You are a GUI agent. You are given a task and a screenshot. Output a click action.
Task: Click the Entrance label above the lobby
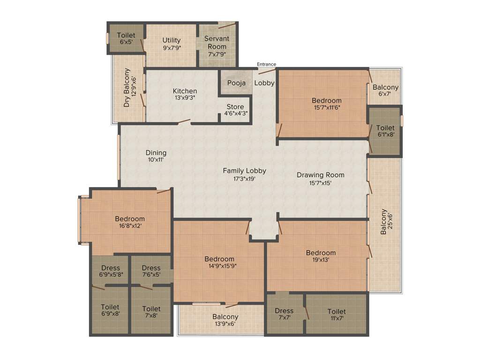[266, 64]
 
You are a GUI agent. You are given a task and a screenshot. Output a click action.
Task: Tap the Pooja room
[236, 83]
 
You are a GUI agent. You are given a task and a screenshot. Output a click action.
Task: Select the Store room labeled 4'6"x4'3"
[235, 110]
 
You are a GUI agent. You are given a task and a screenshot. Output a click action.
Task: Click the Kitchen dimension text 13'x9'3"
[185, 98]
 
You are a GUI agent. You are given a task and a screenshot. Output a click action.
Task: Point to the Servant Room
[217, 46]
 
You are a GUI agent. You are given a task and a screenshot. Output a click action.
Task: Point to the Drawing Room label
[320, 175]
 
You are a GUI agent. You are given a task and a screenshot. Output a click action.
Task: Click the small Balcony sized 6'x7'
[385, 90]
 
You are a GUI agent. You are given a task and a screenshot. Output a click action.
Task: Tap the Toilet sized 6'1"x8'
[385, 131]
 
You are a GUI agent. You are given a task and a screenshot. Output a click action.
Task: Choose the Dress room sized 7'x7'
[284, 314]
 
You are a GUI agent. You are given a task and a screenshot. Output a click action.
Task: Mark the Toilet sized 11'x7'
[336, 315]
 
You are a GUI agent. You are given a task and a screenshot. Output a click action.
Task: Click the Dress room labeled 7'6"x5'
[151, 271]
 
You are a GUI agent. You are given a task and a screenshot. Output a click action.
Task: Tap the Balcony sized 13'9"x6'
[225, 321]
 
